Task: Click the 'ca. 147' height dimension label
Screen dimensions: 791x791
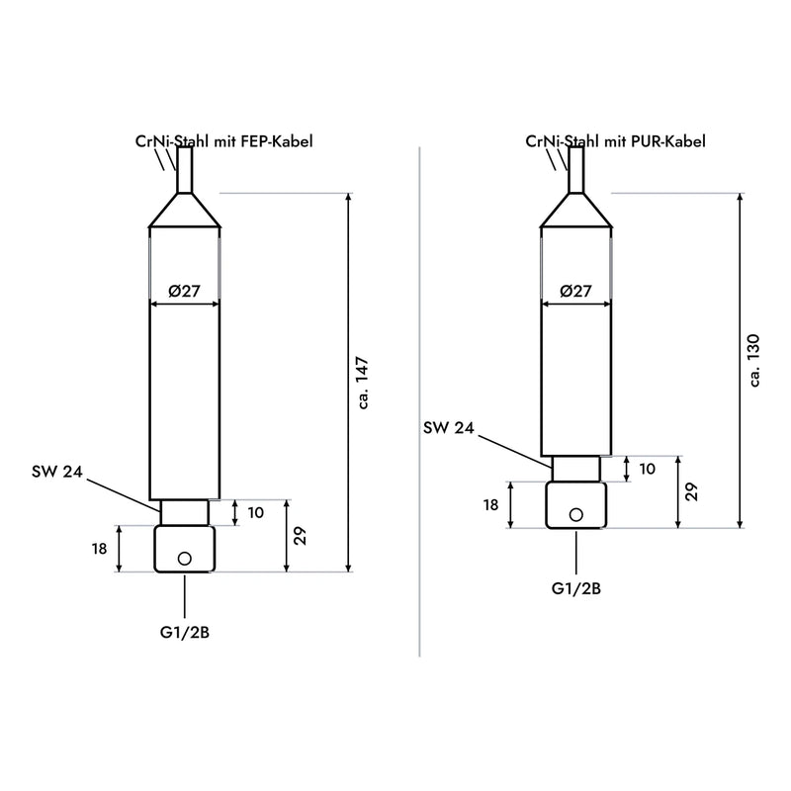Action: [363, 383]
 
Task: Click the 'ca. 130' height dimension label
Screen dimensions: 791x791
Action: [754, 360]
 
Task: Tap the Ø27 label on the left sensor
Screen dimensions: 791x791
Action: [184, 291]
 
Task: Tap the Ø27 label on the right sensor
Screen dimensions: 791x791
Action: [575, 291]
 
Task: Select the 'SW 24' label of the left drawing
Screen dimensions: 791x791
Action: [57, 472]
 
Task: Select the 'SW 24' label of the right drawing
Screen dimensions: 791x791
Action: [449, 428]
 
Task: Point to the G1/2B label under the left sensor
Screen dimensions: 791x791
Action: [185, 632]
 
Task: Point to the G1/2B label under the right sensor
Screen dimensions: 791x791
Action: [576, 588]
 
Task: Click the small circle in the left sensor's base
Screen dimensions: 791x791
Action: [185, 559]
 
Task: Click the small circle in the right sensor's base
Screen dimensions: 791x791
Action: [576, 514]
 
